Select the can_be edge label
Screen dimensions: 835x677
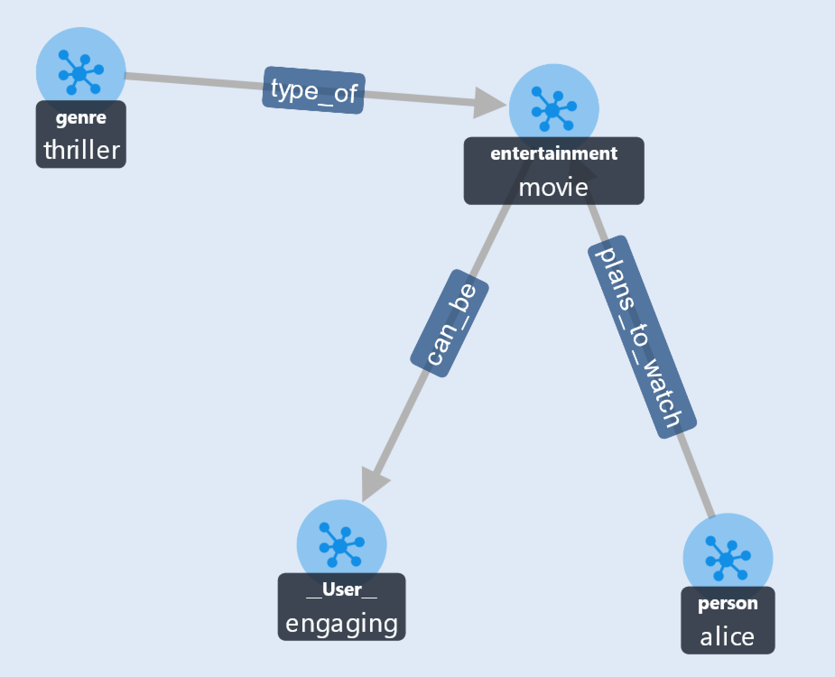tap(450, 323)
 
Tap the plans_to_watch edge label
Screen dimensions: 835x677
tap(642, 337)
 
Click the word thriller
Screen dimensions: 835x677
tap(82, 150)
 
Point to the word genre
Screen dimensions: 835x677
tap(81, 118)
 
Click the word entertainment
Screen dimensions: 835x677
tap(554, 153)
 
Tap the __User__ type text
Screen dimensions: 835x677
tap(342, 589)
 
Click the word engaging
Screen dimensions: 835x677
tap(342, 624)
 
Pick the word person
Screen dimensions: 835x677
tap(728, 603)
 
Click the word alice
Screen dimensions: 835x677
tap(727, 636)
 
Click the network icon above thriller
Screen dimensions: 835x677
tap(81, 73)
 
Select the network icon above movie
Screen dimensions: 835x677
tap(554, 109)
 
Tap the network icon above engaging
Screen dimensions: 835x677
tap(342, 545)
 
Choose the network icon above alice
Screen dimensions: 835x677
tap(728, 558)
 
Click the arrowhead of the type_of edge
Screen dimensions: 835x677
tap(490, 104)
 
